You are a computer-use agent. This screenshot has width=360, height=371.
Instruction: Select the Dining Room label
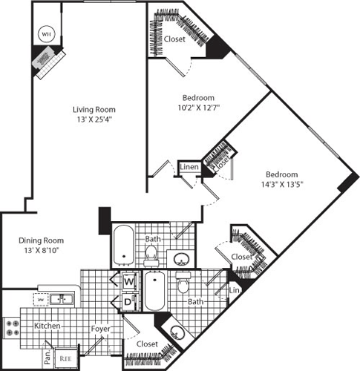pyautogui.click(x=41, y=240)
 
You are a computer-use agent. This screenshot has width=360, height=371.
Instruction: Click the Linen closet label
pyautogui.click(x=189, y=168)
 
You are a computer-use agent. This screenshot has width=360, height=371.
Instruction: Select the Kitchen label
pyautogui.click(x=47, y=326)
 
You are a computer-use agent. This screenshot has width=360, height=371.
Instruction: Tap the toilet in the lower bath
pyautogui.click(x=183, y=283)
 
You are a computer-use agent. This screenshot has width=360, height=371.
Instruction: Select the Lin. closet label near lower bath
pyautogui.click(x=235, y=289)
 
